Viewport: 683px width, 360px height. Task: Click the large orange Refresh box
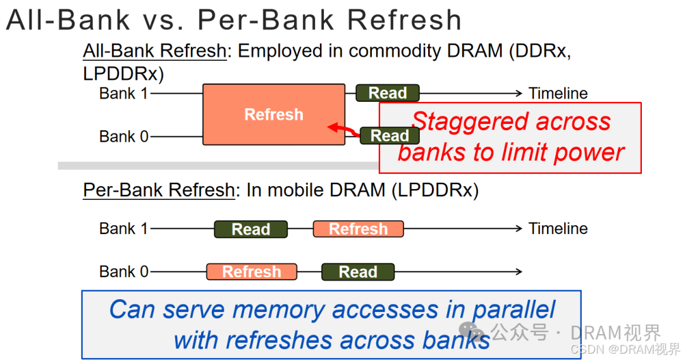[x=273, y=115]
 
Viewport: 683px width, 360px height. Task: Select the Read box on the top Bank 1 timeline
[x=387, y=93]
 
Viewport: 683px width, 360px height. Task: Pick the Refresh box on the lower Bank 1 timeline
[x=359, y=229]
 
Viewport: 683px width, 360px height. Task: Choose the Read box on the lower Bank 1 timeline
[x=250, y=229]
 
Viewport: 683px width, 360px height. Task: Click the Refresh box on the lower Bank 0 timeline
[x=251, y=272]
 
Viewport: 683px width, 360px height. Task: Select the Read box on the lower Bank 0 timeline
[x=358, y=272]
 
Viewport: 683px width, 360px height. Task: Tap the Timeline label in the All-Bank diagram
[x=558, y=94]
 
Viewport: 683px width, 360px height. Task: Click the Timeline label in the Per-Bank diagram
[x=558, y=228]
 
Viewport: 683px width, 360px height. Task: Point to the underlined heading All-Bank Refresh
[x=155, y=51]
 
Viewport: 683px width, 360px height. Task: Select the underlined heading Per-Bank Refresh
[x=159, y=190]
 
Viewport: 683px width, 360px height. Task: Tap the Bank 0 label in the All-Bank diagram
[x=123, y=136]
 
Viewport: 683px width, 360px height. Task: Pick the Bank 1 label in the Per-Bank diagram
[x=123, y=228]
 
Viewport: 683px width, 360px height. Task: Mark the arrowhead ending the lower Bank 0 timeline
[x=519, y=272]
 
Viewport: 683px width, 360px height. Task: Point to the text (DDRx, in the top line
[x=539, y=51]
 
